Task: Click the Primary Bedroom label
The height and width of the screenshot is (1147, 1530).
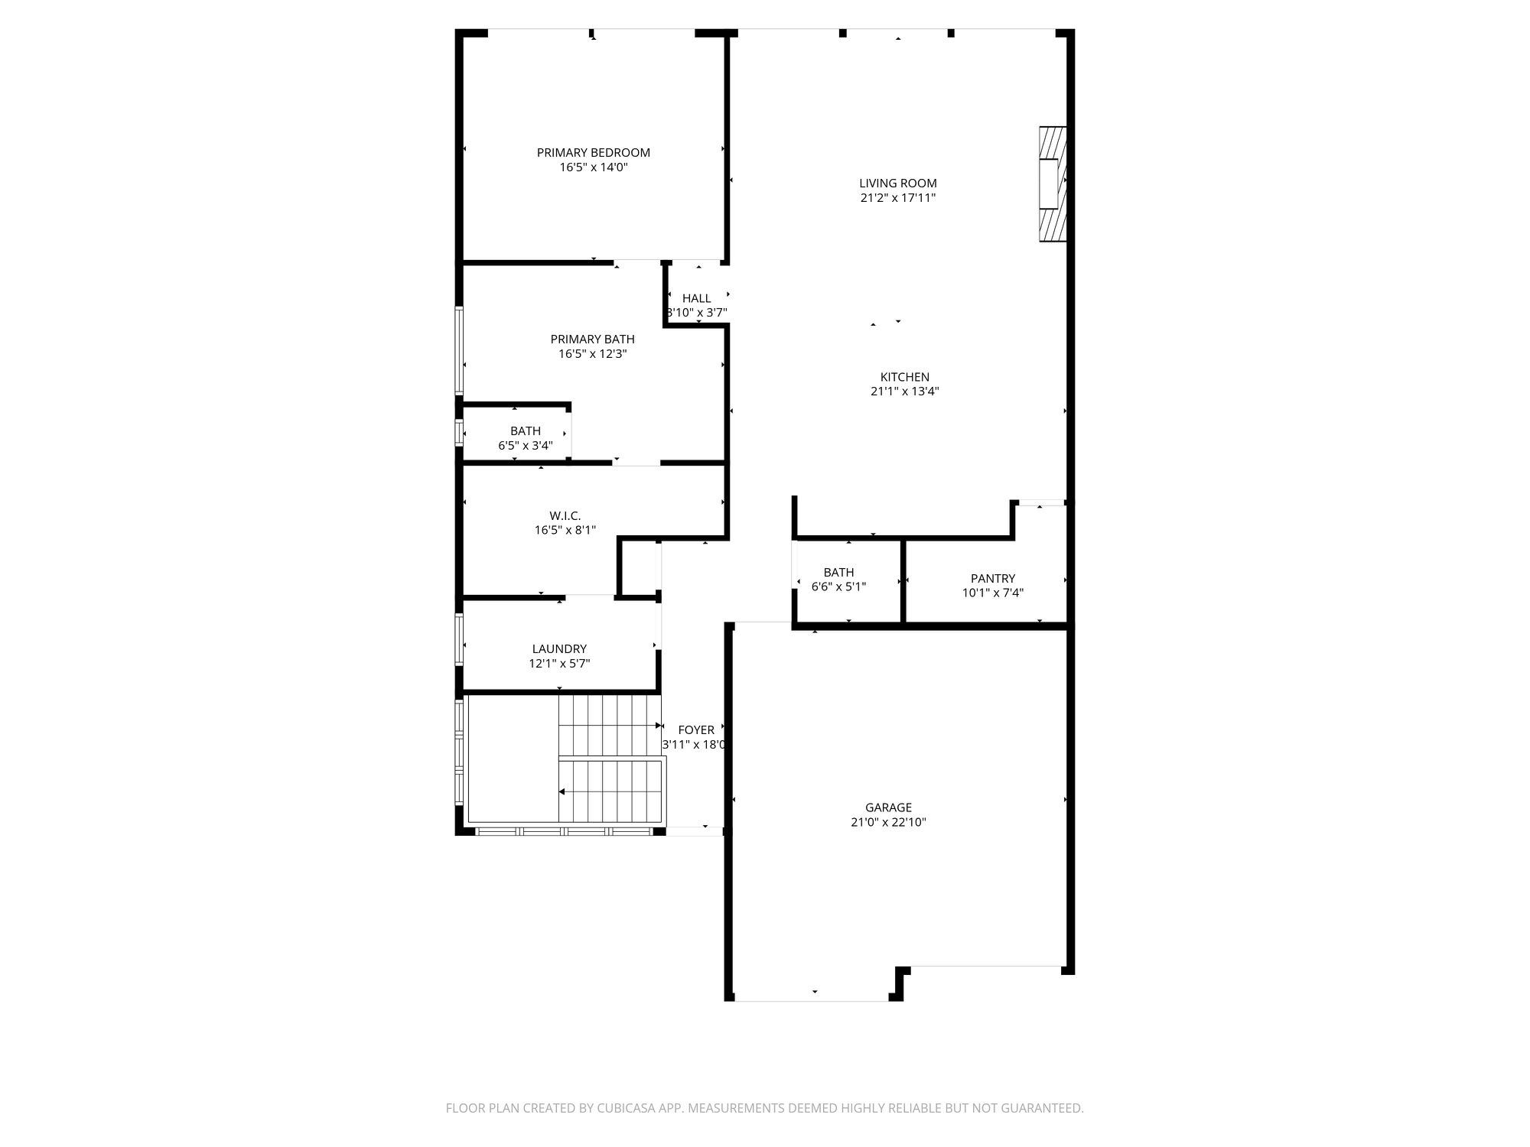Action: (593, 152)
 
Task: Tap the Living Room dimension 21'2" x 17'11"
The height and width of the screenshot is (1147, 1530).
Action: (897, 198)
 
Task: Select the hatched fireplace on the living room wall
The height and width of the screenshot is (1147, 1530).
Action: (1052, 184)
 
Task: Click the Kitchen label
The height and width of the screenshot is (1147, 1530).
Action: (904, 377)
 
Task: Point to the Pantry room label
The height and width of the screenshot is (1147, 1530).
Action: (992, 579)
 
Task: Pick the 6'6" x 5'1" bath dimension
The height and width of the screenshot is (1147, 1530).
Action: (838, 586)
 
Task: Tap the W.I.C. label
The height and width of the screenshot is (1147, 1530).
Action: (565, 516)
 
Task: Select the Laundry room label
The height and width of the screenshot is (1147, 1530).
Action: (559, 649)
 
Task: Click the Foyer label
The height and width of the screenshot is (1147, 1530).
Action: (695, 730)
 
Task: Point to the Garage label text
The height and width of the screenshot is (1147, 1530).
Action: (888, 807)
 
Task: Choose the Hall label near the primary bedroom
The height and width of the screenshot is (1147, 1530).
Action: (696, 298)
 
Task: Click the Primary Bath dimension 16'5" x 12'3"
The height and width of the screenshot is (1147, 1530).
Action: (592, 354)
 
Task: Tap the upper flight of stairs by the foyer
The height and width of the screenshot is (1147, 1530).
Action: (609, 725)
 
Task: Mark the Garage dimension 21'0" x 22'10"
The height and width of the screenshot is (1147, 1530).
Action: (888, 823)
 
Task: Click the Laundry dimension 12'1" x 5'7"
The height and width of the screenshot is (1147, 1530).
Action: (559, 664)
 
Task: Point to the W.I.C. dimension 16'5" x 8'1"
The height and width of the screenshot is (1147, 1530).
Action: (565, 530)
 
